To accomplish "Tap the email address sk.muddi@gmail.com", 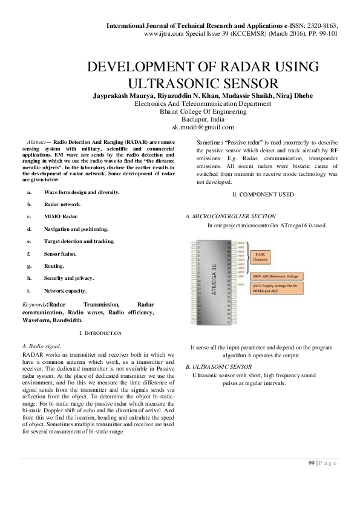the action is [203, 128].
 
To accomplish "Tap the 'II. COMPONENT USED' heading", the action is [263, 194].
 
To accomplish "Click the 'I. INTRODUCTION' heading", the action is [100, 333].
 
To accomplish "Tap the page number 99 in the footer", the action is [312, 463].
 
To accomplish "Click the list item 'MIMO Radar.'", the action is [61, 216].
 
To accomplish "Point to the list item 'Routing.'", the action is [54, 265].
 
